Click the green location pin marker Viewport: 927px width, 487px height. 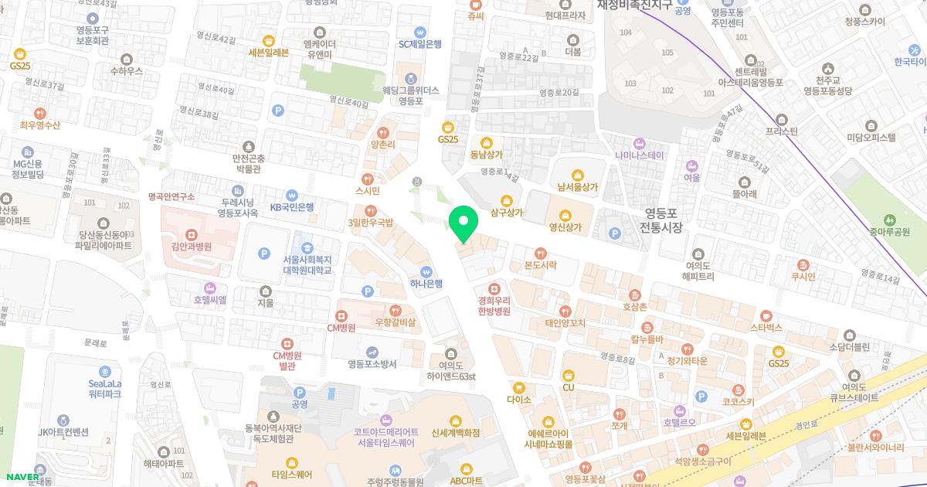463,223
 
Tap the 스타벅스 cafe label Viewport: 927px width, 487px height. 766,327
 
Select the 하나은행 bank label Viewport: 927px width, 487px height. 426,283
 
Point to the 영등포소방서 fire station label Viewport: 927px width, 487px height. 372,363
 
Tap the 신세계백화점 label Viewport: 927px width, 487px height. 456,433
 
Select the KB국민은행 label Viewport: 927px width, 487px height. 291,206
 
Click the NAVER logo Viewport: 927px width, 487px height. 22,476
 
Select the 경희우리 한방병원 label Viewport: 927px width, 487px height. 494,305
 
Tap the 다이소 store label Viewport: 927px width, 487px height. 518,400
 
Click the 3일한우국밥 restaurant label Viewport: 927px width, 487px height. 370,223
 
